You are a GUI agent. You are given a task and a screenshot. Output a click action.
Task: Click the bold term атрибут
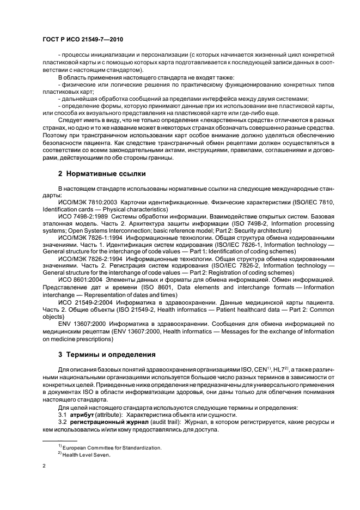83,415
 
